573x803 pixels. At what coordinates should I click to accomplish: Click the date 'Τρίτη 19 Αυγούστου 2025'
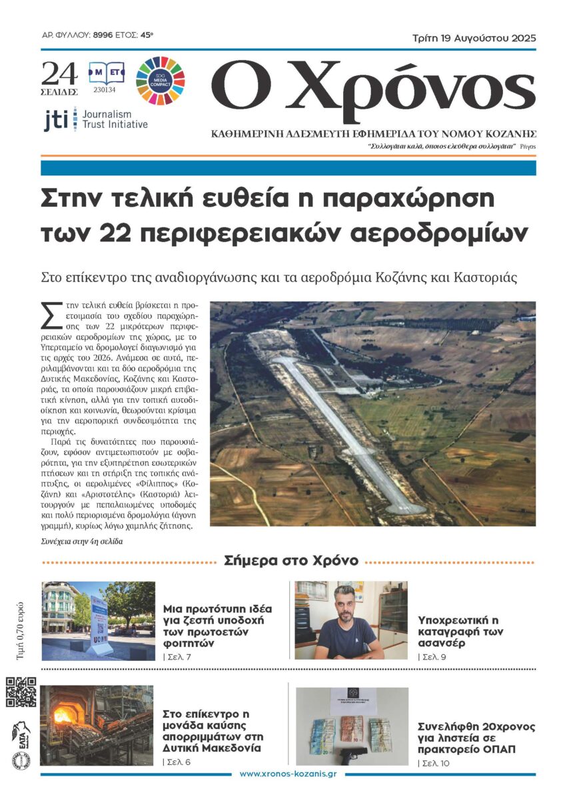(x=476, y=37)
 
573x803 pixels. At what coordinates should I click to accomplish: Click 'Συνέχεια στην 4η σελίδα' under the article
(x=81, y=541)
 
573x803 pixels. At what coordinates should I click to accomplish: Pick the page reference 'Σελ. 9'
(x=432, y=657)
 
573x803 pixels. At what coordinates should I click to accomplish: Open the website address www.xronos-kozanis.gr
(x=287, y=774)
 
